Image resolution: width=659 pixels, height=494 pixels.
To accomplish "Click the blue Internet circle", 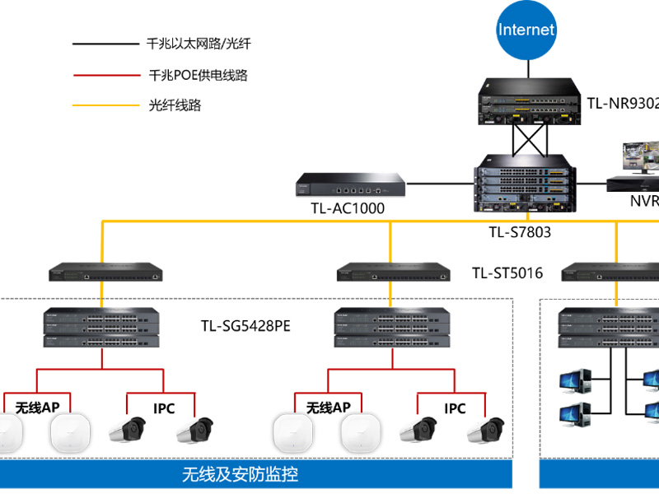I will pos(526,30).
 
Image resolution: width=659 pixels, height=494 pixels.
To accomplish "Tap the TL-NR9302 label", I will pos(622,104).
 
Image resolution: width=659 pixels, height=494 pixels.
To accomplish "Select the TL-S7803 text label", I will pos(520,232).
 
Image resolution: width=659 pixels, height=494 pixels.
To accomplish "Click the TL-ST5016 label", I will pos(507,273).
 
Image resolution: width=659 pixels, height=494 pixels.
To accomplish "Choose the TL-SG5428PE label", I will pos(245,325).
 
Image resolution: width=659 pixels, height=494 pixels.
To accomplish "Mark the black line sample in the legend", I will pos(106,44).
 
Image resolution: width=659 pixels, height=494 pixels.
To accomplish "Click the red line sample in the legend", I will pos(106,75).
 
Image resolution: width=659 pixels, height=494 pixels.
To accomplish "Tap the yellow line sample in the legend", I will pos(106,105).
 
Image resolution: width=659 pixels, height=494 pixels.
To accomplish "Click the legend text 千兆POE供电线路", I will pos(199,75).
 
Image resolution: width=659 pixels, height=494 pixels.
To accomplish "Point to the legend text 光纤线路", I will pos(175,105).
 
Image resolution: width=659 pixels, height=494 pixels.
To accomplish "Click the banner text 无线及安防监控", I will pos(240,474).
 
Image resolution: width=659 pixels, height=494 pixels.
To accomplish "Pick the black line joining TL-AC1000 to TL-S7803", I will pos(440,184).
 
